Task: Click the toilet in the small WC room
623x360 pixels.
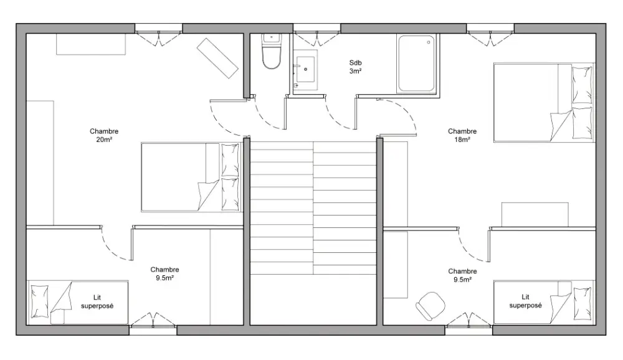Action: (x=272, y=51)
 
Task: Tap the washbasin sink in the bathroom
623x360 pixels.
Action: (x=305, y=69)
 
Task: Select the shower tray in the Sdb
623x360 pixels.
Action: (x=416, y=64)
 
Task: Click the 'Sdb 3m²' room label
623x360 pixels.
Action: (x=356, y=67)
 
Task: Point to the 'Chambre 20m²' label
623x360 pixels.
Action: (x=104, y=135)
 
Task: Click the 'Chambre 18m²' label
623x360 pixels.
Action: (x=462, y=135)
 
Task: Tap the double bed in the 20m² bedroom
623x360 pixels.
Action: (x=191, y=178)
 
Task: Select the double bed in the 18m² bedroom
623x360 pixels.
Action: (x=544, y=102)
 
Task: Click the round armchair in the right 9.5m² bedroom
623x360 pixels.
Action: (x=430, y=306)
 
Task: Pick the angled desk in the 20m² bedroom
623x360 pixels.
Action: (x=217, y=59)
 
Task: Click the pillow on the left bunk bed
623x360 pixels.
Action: (x=40, y=301)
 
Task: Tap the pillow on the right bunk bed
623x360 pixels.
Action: (x=582, y=303)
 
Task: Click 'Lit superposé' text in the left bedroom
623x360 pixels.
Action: (x=97, y=301)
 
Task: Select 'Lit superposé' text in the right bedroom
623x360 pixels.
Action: (x=525, y=301)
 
